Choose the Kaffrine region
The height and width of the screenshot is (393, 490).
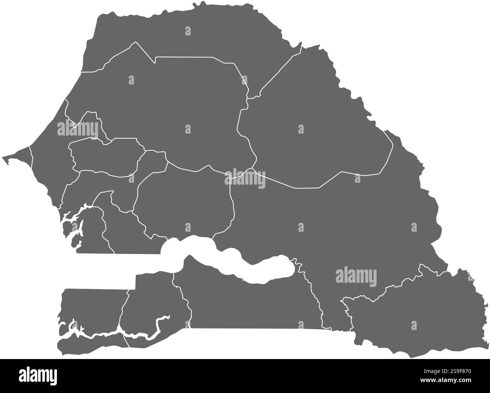pyautogui.click(x=185, y=200)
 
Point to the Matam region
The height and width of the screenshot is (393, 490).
pyautogui.click(x=313, y=121)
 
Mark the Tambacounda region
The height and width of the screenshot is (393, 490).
pyautogui.click(x=339, y=227)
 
